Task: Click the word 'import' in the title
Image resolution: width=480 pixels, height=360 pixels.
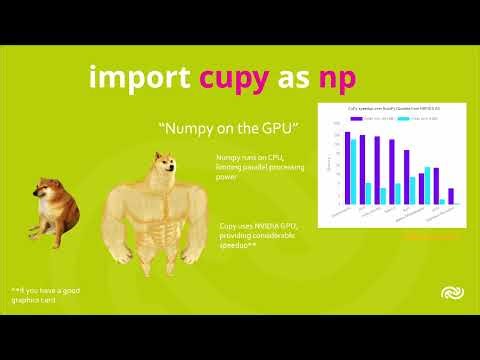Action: click(140, 77)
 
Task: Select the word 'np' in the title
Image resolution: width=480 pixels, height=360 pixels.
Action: click(335, 79)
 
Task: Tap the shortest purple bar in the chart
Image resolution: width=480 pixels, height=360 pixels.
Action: click(451, 196)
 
